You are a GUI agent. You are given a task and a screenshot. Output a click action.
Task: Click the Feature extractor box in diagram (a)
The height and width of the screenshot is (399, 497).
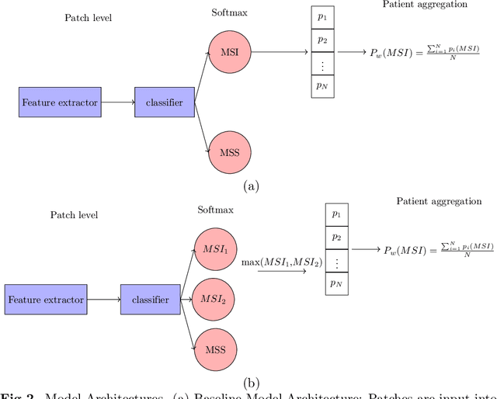pos(60,102)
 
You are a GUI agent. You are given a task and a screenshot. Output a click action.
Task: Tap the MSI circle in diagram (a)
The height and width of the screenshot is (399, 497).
pos(230,54)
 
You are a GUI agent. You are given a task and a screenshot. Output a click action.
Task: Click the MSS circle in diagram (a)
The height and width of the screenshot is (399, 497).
pos(230,150)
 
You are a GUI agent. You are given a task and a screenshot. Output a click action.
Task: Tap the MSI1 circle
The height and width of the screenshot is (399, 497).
pos(215,251)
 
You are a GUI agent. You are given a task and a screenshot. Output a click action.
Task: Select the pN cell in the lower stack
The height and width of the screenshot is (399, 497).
pos(335,284)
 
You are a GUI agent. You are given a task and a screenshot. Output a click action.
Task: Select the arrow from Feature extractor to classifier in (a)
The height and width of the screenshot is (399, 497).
pos(117,102)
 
